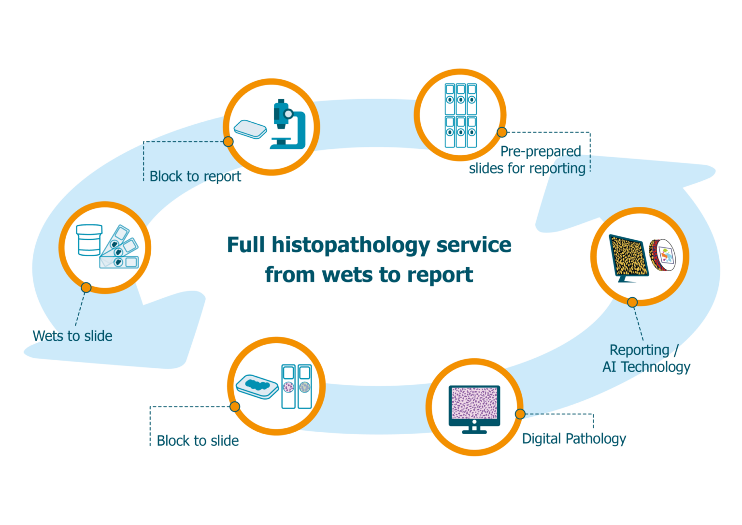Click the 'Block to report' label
pyautogui.click(x=195, y=176)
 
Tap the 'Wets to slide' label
pyautogui.click(x=72, y=335)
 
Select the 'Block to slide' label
pyautogui.click(x=198, y=440)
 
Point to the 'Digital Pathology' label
pyautogui.click(x=574, y=439)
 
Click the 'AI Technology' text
pyautogui.click(x=646, y=367)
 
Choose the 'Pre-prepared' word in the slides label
pyautogui.click(x=540, y=152)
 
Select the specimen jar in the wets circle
pyautogui.click(x=89, y=239)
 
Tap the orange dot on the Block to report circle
pyautogui.click(x=228, y=142)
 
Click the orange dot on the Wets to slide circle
pyautogui.click(x=86, y=288)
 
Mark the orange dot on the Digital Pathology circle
pyautogui.click(x=520, y=414)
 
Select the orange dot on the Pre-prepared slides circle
pyautogui.click(x=502, y=132)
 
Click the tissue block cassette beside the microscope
pyautogui.click(x=250, y=130)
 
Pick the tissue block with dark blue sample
pyautogui.click(x=257, y=386)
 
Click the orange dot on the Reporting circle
pyautogui.click(x=632, y=302)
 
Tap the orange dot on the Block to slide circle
pyautogui.click(x=235, y=407)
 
